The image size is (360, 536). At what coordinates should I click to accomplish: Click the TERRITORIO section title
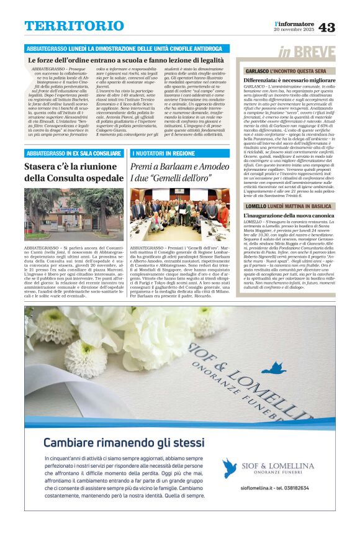click(74, 26)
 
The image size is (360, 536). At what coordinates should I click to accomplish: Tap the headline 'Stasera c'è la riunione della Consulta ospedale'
click(73, 173)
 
